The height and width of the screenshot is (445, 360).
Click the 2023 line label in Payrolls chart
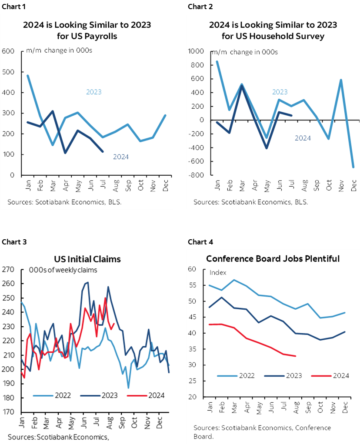93,92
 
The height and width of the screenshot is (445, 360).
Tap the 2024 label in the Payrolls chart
120,157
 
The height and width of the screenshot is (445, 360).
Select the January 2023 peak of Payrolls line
28,75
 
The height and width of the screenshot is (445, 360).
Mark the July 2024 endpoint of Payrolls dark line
103,152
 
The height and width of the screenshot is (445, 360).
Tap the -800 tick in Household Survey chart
198,175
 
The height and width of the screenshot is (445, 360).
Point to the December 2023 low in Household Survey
353,167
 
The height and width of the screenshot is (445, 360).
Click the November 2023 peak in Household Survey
341,80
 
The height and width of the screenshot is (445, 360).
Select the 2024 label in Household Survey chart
303,138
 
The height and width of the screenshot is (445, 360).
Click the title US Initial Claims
87,259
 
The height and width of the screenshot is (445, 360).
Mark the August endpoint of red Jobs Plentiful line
296,356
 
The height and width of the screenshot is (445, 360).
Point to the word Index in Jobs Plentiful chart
218,273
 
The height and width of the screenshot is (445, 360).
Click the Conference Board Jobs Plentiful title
273,259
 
